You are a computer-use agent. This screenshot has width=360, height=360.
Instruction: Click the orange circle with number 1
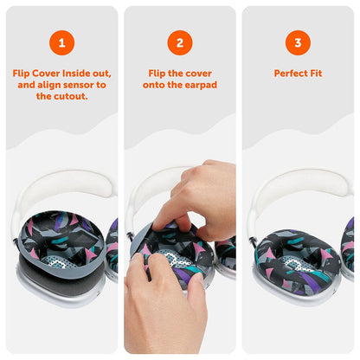point(61,42)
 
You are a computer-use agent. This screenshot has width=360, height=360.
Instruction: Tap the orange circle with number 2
point(180,42)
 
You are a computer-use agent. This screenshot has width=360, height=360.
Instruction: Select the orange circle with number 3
point(298,42)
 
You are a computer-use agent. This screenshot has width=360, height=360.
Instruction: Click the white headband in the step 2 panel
point(147,186)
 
